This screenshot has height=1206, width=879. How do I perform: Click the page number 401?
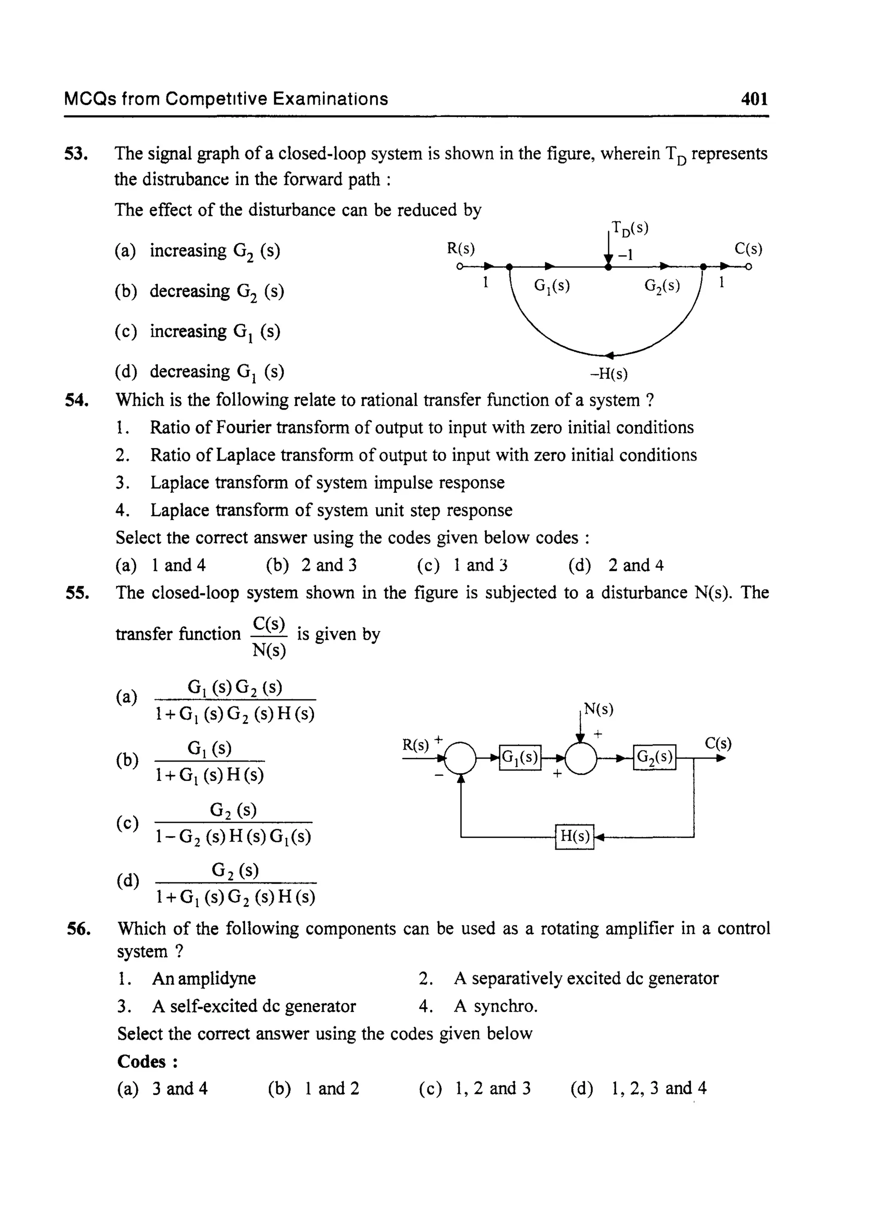pos(754,99)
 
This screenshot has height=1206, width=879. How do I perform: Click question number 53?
pos(76,154)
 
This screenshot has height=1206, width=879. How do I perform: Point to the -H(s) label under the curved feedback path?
pos(609,374)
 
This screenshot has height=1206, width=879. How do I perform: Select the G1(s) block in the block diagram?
pos(520,757)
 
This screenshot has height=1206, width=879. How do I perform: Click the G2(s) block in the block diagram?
pos(655,757)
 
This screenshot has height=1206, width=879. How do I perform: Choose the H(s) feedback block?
pos(575,837)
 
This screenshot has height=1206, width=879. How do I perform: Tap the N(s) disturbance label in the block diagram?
pos(599,709)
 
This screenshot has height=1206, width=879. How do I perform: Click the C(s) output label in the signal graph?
pos(748,249)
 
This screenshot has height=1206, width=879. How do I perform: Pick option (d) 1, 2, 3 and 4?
pos(659,1088)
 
